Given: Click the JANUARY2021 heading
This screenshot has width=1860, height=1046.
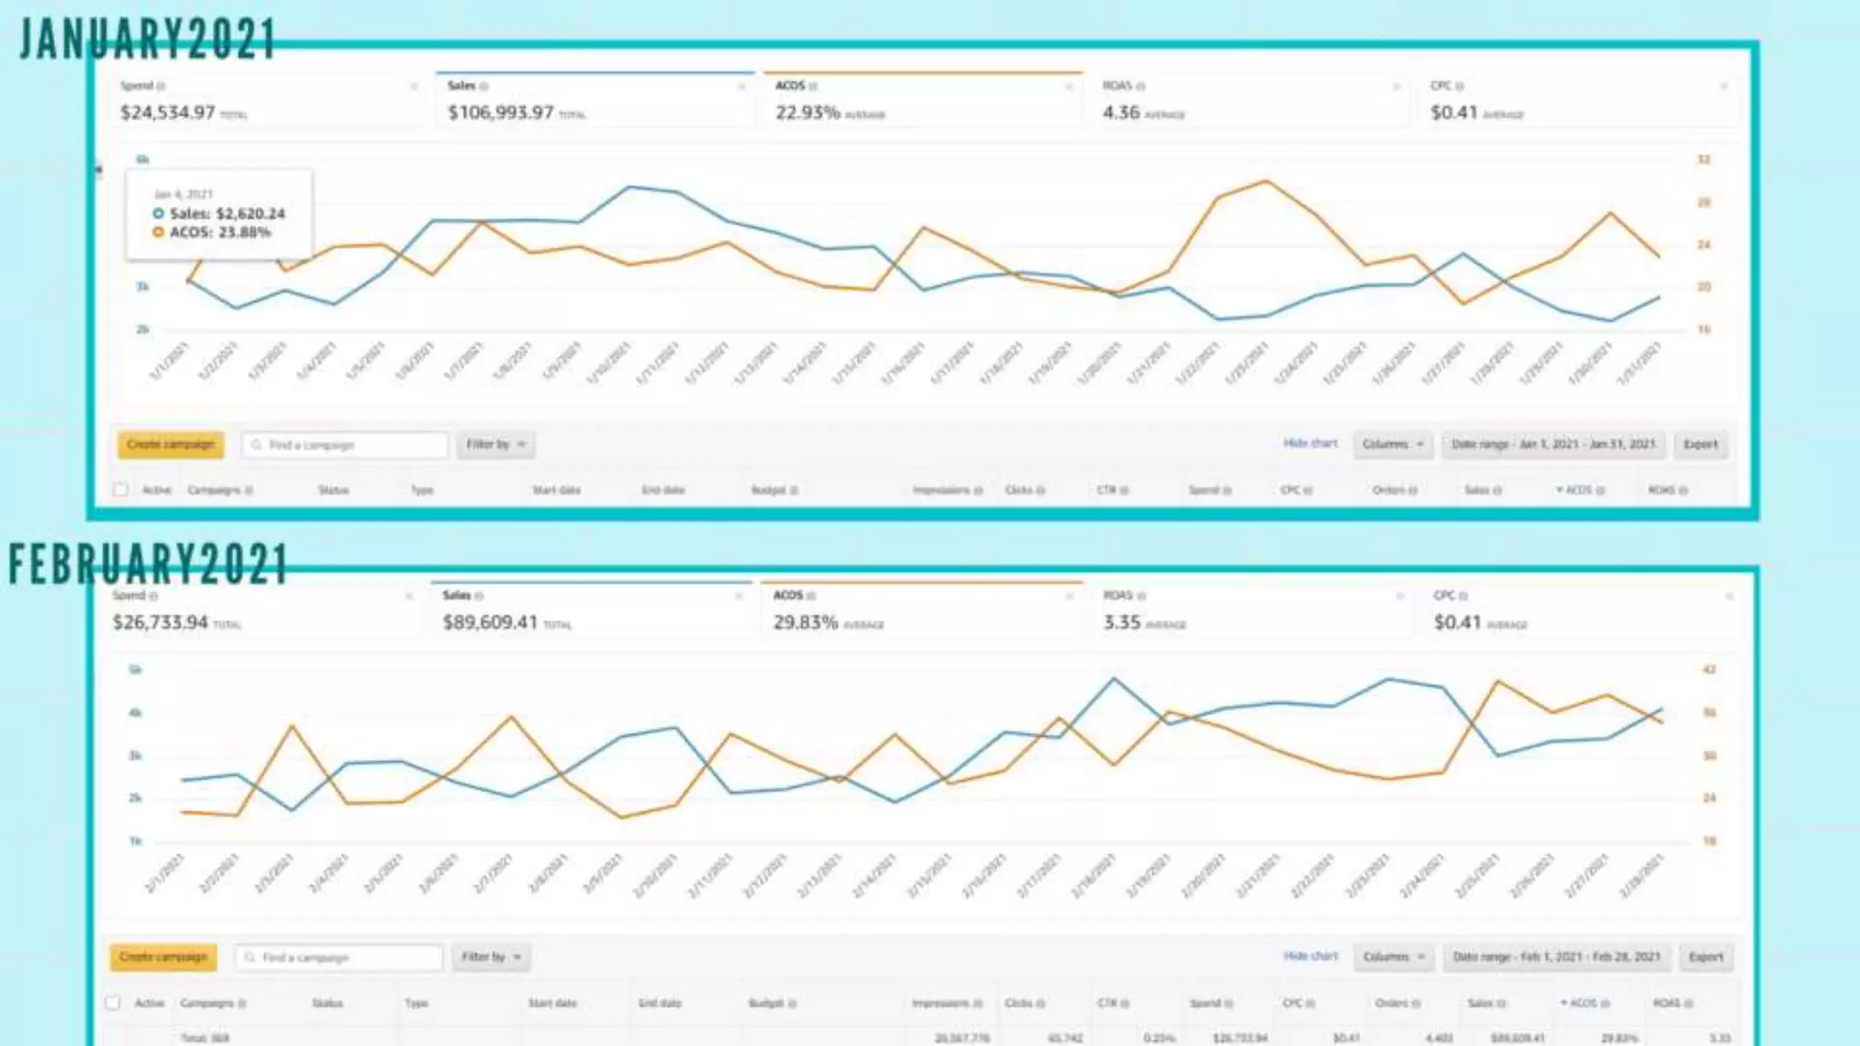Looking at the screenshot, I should [x=147, y=40].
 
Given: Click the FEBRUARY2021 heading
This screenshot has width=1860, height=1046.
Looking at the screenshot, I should [x=148, y=564].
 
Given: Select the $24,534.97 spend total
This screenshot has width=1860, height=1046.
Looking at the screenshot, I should [x=168, y=113].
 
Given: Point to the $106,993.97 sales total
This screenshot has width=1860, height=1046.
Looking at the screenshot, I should [x=500, y=113].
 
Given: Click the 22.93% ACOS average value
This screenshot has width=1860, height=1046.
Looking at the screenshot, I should [x=807, y=113].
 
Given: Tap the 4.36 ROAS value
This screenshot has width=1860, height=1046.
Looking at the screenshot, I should [x=1121, y=113].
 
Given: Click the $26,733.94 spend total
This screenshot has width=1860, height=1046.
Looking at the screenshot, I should [x=161, y=623].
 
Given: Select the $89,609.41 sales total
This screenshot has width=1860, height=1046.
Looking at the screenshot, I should [x=490, y=623].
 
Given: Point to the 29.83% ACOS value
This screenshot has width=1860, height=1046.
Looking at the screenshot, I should [x=806, y=623].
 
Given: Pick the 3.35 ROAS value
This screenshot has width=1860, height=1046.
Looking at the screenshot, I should [x=1122, y=623].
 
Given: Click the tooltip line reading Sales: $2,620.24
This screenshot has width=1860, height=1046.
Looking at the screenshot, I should [x=220, y=213].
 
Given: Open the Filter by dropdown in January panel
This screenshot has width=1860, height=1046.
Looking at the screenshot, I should [x=495, y=444].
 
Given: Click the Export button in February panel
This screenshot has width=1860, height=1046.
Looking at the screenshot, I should [x=1706, y=957].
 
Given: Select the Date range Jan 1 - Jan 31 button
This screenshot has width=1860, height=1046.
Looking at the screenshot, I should [x=1553, y=444].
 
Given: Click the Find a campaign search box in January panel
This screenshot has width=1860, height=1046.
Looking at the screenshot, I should [x=345, y=445].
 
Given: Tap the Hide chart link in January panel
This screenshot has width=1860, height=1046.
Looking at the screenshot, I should [x=1310, y=443].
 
